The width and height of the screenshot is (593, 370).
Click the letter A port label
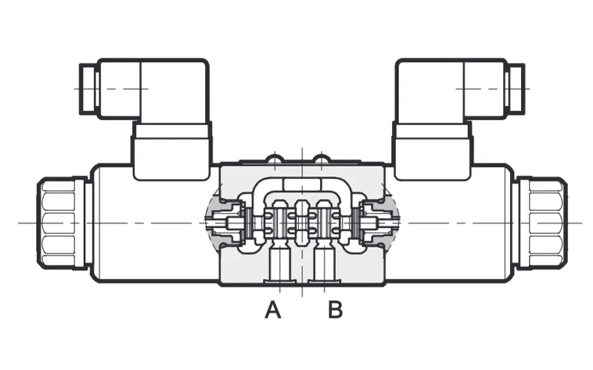[273, 309]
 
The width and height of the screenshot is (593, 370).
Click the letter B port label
[335, 309]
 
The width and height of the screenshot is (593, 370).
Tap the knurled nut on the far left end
[62, 223]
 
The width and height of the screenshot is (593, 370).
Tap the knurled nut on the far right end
[542, 223]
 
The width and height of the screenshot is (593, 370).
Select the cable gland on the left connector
[89, 89]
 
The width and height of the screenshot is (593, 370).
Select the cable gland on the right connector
[514, 89]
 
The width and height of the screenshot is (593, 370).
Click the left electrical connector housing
[153, 89]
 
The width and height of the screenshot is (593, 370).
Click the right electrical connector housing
[451, 89]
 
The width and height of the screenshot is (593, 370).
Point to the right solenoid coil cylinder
[449, 223]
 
